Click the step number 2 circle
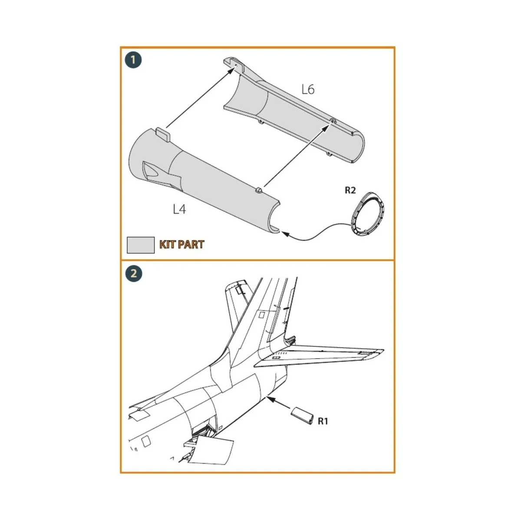click(133, 273)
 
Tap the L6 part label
click(307, 89)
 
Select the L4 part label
click(179, 209)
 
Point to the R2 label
click(350, 190)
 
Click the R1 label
click(323, 421)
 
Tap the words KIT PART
click(181, 244)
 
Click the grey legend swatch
click(140, 245)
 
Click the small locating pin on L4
click(259, 189)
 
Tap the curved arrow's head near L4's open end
click(285, 234)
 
